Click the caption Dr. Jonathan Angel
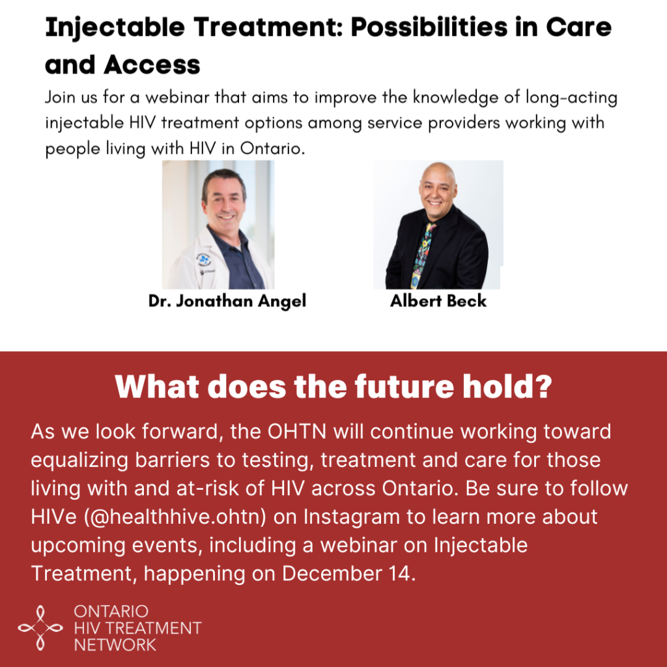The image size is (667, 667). pos(227,301)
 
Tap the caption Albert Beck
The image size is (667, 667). pos(438,301)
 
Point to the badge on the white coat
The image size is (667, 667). pos(203,259)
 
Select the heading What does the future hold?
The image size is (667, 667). pos(333,386)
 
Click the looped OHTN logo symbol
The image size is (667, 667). pos(40,628)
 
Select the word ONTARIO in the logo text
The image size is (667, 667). pos(111,612)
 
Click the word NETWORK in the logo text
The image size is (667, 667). pos(115,645)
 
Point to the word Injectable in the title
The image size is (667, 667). pos(115,28)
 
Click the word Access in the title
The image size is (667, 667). pos(152,65)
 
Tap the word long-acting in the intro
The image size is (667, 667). pos(571,98)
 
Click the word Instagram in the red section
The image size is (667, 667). pos(351,517)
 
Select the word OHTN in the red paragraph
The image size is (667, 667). pos(297,431)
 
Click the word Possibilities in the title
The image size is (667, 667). pos(429,27)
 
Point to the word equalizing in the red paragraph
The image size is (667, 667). pos(79,461)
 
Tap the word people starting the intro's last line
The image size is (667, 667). pos(73,149)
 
